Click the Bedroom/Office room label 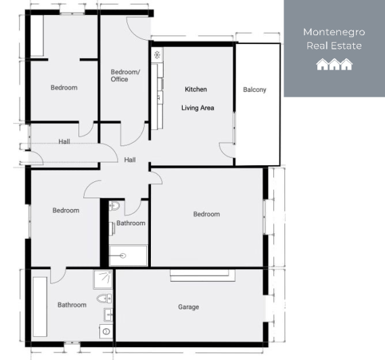click(x=125, y=75)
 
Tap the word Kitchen click(x=196, y=89)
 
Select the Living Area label click(x=198, y=107)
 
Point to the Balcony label click(x=254, y=89)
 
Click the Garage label click(x=188, y=307)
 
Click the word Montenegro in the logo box click(x=334, y=32)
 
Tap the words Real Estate click(x=334, y=46)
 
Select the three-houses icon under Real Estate click(x=334, y=64)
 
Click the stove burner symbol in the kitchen click(x=157, y=54)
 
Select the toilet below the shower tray click(x=104, y=298)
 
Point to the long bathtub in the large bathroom click(x=40, y=307)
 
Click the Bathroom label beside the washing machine click(x=72, y=305)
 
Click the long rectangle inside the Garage click(x=203, y=275)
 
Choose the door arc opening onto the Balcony click(x=228, y=154)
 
